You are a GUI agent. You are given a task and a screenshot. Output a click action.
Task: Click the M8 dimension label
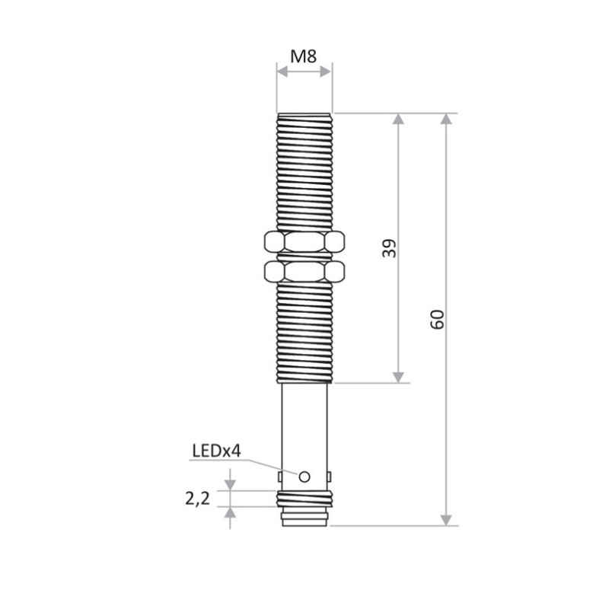point(304,56)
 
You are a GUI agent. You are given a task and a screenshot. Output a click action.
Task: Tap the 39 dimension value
point(389,249)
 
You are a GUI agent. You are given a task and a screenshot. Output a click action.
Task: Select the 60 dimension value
point(437,320)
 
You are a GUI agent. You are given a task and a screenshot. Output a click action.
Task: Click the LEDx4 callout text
point(215,451)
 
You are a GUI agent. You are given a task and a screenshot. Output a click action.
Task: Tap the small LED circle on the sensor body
point(304,477)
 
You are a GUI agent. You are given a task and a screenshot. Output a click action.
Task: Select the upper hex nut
point(304,243)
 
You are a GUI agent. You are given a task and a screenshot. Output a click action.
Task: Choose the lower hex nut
point(304,270)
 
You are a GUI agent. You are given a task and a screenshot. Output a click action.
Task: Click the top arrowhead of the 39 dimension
point(397,120)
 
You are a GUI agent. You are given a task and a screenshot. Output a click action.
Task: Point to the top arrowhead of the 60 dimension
point(446,120)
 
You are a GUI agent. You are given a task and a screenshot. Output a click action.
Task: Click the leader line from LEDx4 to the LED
point(270,466)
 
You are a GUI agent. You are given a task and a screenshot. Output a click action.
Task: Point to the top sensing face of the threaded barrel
point(304,114)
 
